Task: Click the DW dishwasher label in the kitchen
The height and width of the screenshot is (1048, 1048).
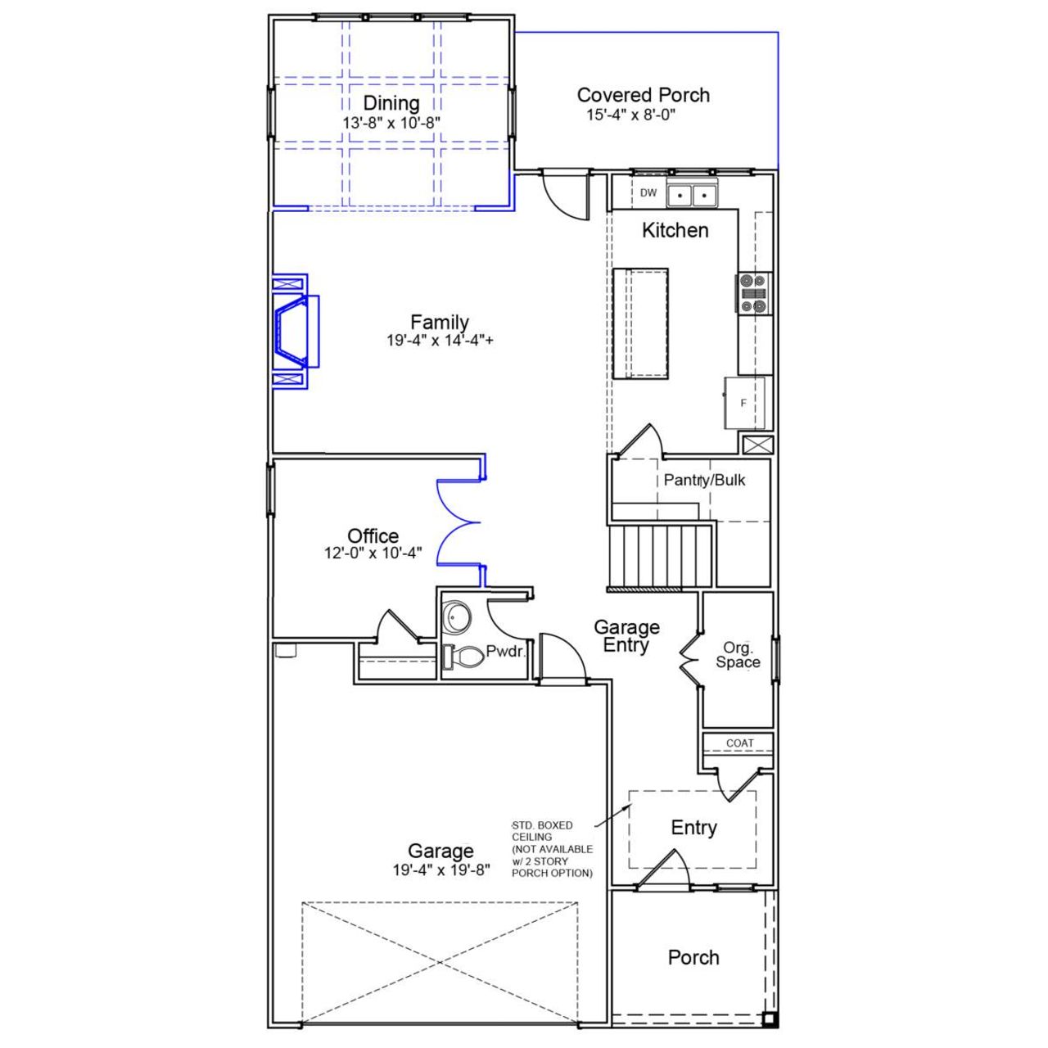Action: pos(648,193)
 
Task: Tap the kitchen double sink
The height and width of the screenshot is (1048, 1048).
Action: pos(692,196)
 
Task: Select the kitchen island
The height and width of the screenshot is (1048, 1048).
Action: pos(640,323)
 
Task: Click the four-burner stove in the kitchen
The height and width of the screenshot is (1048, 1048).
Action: pos(753,293)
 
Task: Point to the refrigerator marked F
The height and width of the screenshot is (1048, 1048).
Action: pos(744,403)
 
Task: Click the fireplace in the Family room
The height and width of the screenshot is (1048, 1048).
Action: pos(294,332)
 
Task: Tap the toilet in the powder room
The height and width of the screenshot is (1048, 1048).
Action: pos(464,656)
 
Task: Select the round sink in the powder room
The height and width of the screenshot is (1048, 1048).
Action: pos(456,617)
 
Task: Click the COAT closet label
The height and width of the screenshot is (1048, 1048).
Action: pos(739,743)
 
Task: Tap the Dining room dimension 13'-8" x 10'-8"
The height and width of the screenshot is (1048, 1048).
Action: pos(391,122)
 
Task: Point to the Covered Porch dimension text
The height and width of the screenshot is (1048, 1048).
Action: pos(630,115)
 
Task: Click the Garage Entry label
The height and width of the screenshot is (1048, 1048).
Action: pos(626,636)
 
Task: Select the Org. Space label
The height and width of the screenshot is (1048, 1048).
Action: pos(738,656)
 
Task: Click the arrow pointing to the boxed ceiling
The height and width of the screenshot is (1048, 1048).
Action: pos(611,815)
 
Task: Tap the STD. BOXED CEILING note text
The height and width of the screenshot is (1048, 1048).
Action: pos(551,849)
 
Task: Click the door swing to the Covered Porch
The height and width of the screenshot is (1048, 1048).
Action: pos(565,196)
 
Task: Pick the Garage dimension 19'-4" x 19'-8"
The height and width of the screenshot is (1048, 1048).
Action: pos(440,870)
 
